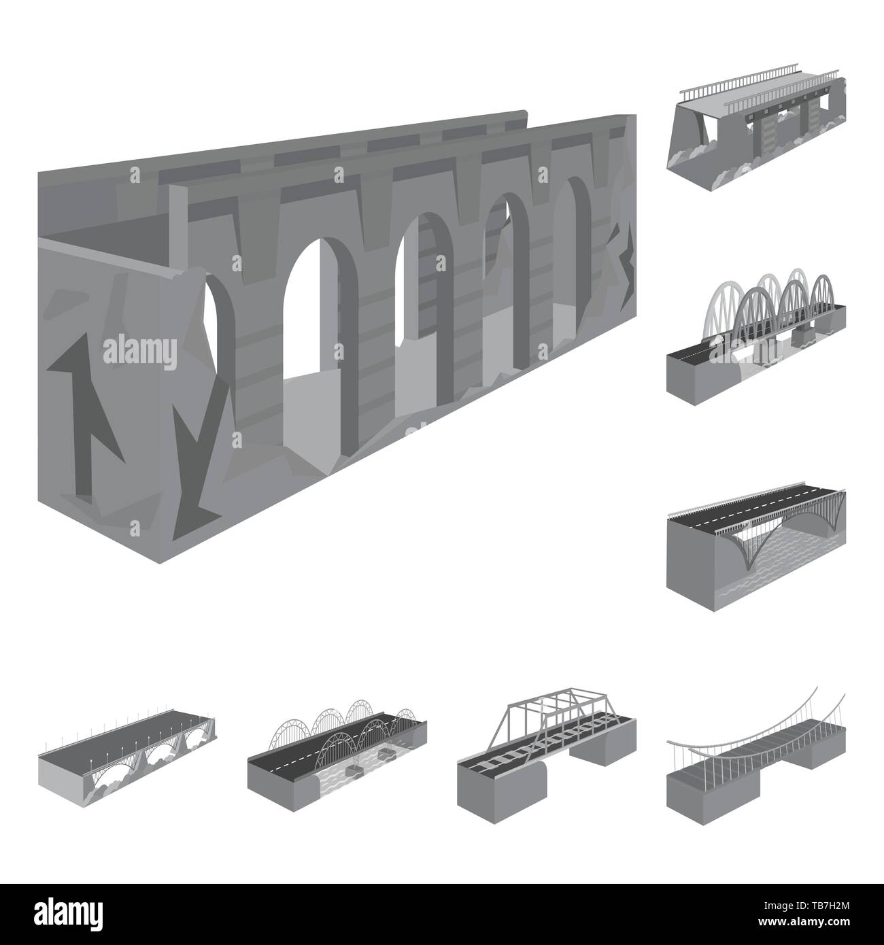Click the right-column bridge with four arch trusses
click(755, 326)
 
